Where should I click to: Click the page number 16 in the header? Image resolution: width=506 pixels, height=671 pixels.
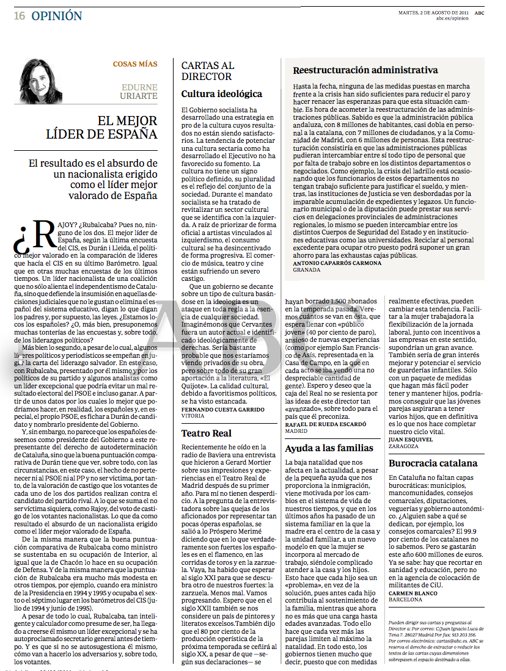pos(20,16)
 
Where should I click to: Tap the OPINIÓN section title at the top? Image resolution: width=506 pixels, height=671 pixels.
pos(56,16)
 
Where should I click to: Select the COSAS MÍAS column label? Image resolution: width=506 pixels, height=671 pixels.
pos(135,64)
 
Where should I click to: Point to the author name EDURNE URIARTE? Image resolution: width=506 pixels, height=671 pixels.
pos(139,92)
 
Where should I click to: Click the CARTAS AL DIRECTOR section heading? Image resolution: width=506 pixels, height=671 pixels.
pos(207,71)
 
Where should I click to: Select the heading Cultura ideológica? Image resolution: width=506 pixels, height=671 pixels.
pos(221,94)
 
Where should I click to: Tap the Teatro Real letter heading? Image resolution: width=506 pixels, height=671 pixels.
pos(206,433)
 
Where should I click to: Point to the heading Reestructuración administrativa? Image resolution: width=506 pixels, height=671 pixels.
pos(365,70)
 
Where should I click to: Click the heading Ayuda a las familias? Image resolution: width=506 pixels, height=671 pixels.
pos(329,448)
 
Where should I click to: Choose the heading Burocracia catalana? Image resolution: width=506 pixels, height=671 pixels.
pos(433,463)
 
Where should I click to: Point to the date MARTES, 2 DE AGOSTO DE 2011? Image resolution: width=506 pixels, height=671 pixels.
pos(433,12)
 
